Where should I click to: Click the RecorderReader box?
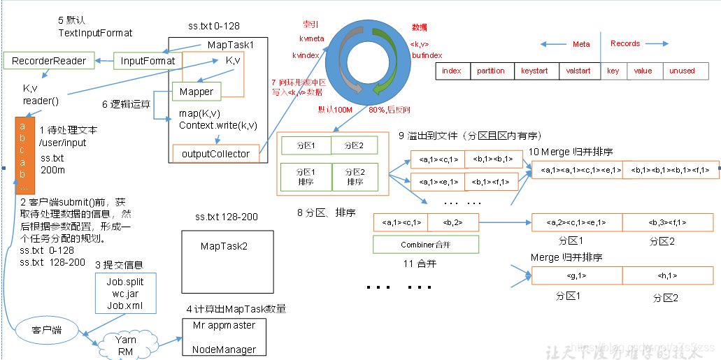(49, 61)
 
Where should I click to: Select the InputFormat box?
(148, 61)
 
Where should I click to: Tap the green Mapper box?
(196, 92)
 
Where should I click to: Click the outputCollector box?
(215, 154)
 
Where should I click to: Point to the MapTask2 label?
(224, 246)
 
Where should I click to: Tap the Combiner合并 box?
(426, 245)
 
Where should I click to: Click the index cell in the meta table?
(452, 71)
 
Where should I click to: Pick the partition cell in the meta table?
(491, 71)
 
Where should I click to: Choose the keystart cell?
(534, 71)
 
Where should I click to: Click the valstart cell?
(578, 71)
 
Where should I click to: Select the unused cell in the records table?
(682, 71)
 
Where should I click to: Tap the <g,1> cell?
(577, 275)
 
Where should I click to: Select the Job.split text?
(125, 282)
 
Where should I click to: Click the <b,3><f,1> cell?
(667, 222)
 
